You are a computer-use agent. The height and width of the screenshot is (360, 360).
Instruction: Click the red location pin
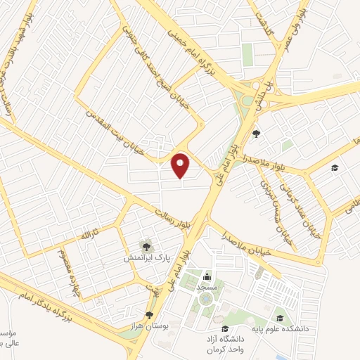(x=181, y=165)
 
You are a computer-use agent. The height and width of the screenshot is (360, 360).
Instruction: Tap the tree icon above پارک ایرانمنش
(x=146, y=245)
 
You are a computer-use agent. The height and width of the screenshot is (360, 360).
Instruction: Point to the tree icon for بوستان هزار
(x=148, y=315)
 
